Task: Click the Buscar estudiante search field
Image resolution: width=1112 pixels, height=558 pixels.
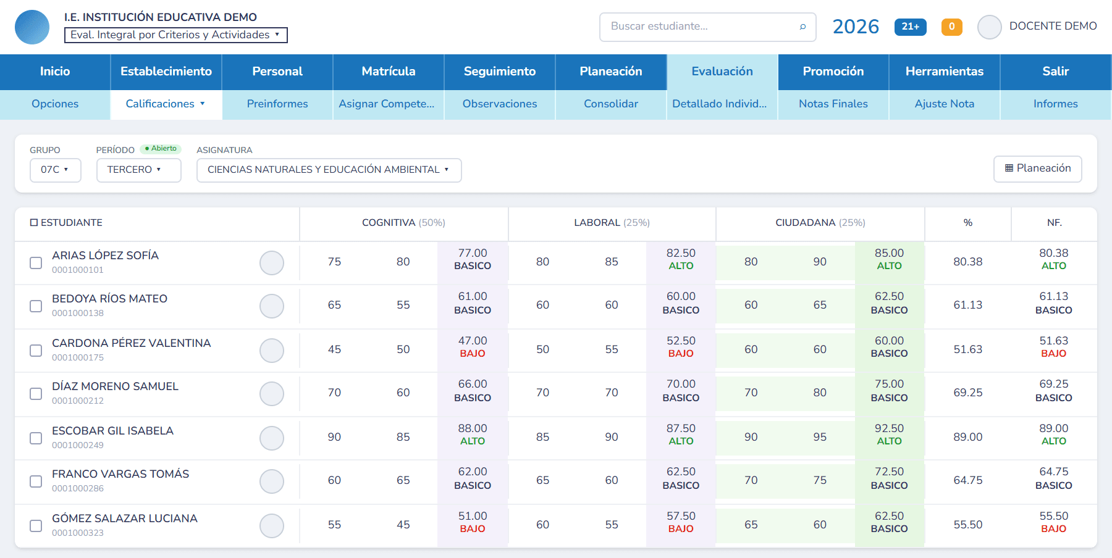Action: (x=707, y=27)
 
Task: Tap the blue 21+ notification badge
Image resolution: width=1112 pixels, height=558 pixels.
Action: (x=910, y=27)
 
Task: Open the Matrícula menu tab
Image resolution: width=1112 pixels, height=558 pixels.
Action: (x=389, y=72)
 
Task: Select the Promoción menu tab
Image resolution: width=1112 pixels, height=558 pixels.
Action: (x=833, y=72)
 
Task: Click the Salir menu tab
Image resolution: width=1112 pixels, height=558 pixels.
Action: (x=1056, y=72)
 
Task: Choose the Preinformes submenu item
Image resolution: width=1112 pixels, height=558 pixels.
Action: (x=277, y=104)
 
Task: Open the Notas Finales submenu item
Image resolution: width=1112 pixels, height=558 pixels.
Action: (x=833, y=104)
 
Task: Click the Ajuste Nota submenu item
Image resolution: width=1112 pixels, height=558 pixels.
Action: (x=945, y=104)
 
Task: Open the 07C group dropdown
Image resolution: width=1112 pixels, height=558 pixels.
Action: (x=56, y=170)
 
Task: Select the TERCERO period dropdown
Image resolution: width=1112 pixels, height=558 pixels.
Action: (x=138, y=170)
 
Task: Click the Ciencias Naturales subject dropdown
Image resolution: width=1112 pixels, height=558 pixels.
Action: (x=329, y=170)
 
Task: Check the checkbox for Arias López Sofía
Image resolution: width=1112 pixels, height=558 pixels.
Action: (x=36, y=262)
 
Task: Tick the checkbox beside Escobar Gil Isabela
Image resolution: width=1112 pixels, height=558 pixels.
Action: (x=36, y=438)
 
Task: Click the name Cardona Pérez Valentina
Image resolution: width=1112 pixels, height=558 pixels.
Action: (x=132, y=343)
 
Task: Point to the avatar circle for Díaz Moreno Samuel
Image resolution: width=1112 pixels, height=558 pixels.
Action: (x=272, y=394)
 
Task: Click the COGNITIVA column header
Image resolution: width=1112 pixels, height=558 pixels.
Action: (x=403, y=223)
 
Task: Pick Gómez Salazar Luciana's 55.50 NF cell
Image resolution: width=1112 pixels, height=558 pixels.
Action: (x=1054, y=522)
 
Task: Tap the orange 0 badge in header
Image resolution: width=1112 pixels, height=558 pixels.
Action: (x=952, y=27)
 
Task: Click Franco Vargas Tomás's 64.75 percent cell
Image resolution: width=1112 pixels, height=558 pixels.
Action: (x=968, y=480)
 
